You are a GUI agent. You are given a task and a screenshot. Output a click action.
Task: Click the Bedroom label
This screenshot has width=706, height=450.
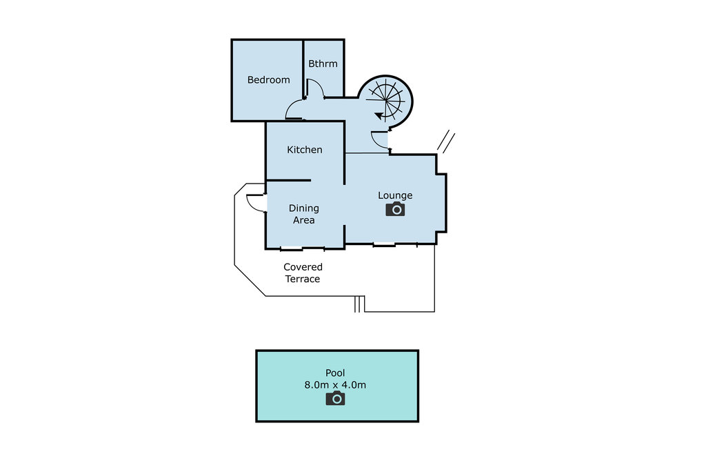tap(268, 80)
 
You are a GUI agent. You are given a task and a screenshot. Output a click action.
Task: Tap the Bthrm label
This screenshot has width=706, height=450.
tap(323, 64)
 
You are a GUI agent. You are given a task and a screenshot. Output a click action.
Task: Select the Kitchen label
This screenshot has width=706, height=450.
tap(304, 150)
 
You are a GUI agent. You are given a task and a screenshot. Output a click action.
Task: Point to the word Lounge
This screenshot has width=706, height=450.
tap(395, 195)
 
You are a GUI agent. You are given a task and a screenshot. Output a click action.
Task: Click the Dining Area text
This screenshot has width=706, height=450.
tap(303, 214)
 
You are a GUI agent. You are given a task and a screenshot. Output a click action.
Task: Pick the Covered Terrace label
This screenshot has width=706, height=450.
tap(303, 273)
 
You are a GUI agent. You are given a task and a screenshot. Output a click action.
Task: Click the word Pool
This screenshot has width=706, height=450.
tap(335, 373)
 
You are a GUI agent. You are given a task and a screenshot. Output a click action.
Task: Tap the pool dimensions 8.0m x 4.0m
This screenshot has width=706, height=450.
tap(335, 385)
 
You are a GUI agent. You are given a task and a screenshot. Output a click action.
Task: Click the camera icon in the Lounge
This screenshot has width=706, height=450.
tap(395, 209)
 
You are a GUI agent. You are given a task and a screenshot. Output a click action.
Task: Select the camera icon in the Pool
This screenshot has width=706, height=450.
tap(335, 398)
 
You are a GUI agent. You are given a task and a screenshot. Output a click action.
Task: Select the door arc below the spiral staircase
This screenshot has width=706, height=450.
tap(379, 140)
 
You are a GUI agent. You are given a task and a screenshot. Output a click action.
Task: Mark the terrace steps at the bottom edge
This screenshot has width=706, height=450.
tap(359, 304)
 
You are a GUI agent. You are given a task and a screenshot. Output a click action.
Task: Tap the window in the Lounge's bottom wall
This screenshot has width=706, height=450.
tap(384, 244)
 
